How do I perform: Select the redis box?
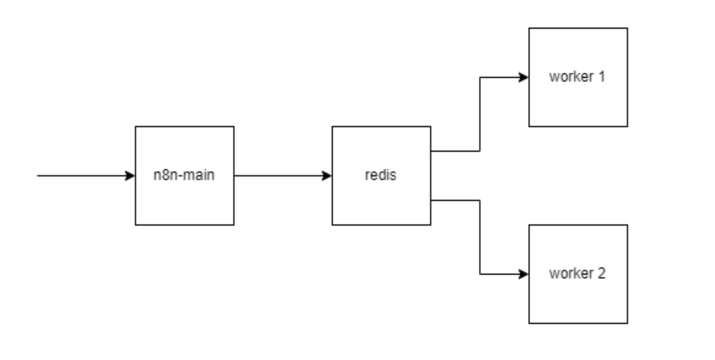(380, 197)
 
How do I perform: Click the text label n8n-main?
(184, 175)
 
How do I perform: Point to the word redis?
(380, 175)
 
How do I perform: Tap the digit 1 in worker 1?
(602, 77)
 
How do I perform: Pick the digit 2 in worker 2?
(602, 274)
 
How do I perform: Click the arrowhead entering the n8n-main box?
(130, 175)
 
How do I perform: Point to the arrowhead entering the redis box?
(327, 175)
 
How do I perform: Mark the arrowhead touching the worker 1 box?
(524, 77)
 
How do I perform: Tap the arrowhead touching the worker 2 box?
(524, 274)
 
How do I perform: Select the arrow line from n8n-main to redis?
(279, 175)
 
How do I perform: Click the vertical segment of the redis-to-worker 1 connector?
(480, 115)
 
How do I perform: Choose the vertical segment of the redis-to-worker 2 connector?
(480, 238)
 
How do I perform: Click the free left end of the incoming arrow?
(39, 175)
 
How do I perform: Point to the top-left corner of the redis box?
(332, 126)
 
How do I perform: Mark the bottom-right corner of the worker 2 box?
(627, 323)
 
